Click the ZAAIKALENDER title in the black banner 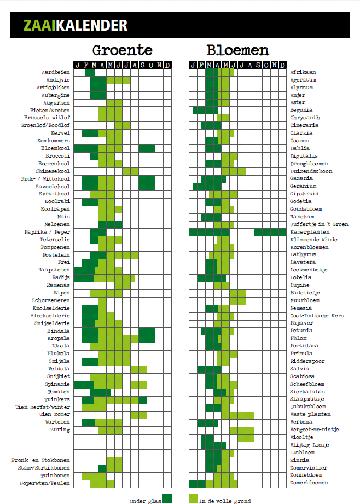75,25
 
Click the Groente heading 122,50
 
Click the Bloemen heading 237,50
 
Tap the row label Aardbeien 56,72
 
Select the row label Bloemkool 55,148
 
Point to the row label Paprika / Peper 52,232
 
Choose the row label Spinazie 57,384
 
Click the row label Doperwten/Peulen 45,483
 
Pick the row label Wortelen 57,422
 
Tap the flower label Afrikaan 303,72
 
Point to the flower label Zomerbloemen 309,483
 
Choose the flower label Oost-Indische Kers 316,316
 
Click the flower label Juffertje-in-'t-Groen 319,224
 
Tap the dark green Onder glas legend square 167,498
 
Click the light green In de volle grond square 193,498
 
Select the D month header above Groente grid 167,65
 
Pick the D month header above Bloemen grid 282,65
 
